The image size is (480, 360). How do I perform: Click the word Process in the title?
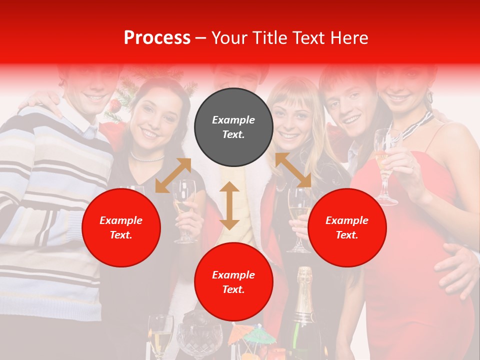point(157,38)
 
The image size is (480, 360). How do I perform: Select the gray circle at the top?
point(233,127)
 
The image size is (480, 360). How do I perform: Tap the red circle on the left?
point(121,227)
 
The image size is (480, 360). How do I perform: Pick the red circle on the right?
point(347,227)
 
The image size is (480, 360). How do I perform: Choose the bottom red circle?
point(233,282)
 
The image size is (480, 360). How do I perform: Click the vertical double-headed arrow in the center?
point(229,205)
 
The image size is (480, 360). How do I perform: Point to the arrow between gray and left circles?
point(173,175)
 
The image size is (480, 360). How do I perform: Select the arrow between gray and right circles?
point(293,170)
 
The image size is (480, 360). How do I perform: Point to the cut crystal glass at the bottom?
point(199,340)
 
